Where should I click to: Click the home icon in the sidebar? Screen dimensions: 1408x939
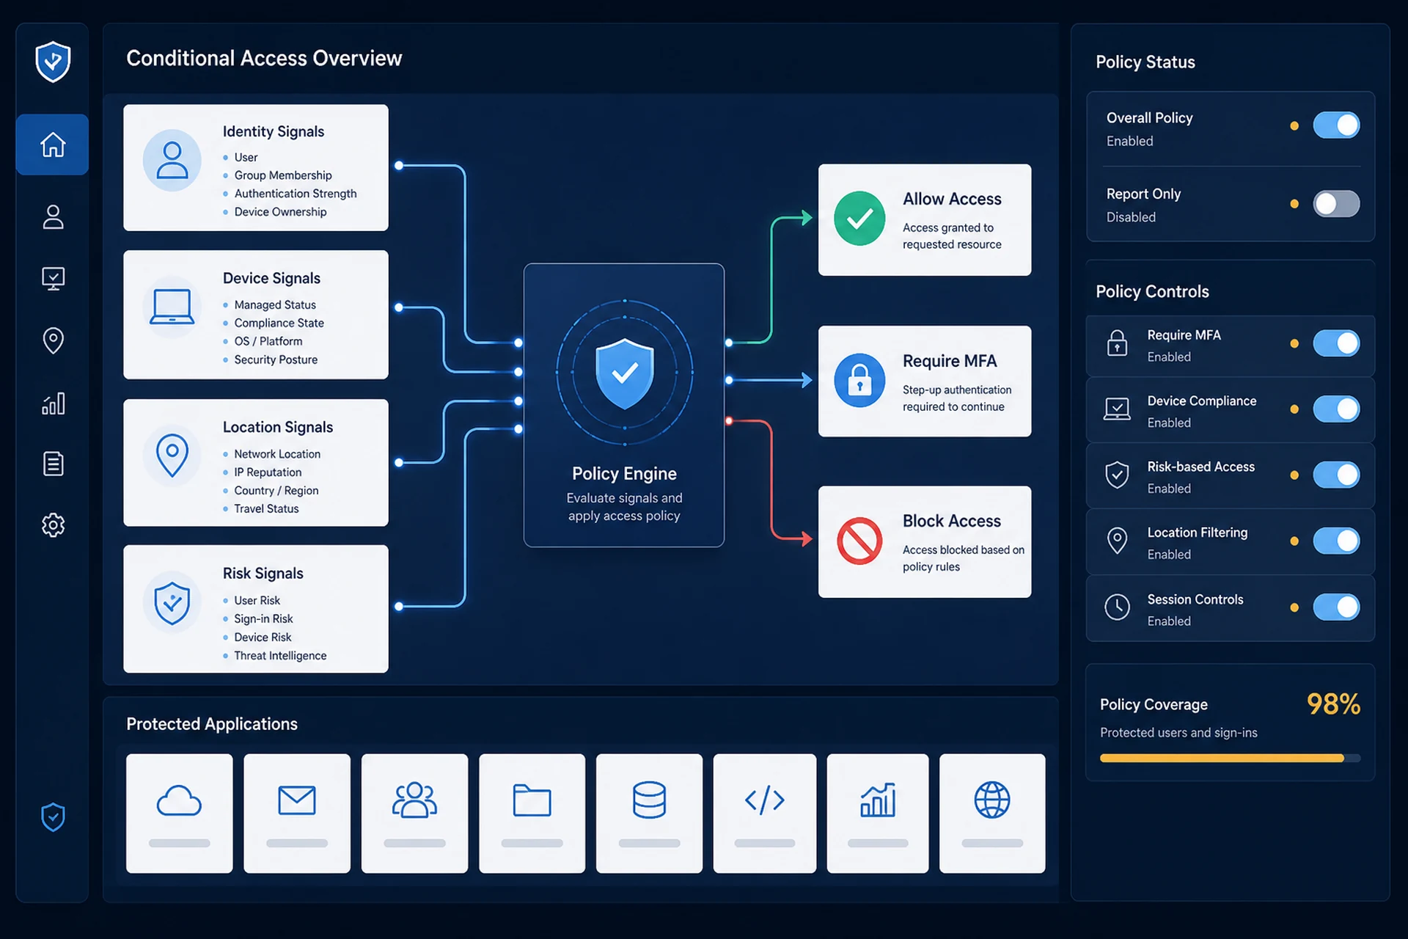pyautogui.click(x=53, y=145)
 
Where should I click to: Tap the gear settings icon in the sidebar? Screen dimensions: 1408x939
pyautogui.click(x=53, y=525)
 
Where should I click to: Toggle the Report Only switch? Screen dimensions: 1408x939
pyautogui.click(x=1336, y=204)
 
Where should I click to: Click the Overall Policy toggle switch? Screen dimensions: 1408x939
pyautogui.click(x=1336, y=125)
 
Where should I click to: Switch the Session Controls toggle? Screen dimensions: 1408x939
pyautogui.click(x=1336, y=607)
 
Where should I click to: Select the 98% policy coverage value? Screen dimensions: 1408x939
pyautogui.click(x=1333, y=704)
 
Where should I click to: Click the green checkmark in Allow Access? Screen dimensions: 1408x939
pyautogui.click(x=859, y=219)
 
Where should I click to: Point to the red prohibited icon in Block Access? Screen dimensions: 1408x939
pyautogui.click(x=859, y=541)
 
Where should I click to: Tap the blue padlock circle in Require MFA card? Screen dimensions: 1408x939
pyautogui.click(x=859, y=380)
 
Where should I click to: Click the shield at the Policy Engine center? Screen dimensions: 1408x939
pyautogui.click(x=624, y=373)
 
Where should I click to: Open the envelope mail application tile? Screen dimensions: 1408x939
pyautogui.click(x=297, y=813)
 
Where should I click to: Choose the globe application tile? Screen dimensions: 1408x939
pyautogui.click(x=992, y=813)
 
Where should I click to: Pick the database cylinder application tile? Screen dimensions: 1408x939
pyautogui.click(x=649, y=813)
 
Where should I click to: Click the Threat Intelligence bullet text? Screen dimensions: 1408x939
pyautogui.click(x=280, y=656)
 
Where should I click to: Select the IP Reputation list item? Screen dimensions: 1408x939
pyautogui.click(x=268, y=472)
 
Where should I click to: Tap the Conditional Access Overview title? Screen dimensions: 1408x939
pyautogui.click(x=264, y=59)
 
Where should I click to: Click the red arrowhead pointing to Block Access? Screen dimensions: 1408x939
pyautogui.click(x=807, y=539)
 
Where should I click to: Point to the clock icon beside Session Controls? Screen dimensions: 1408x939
pyautogui.click(x=1117, y=607)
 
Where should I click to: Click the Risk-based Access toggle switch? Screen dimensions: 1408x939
pyautogui.click(x=1336, y=475)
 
